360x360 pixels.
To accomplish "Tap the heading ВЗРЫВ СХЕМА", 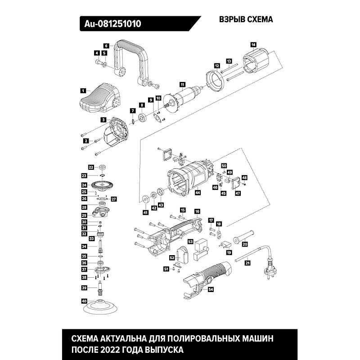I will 246,20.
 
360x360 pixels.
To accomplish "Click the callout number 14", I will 253,44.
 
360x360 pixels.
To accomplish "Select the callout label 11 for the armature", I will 182,84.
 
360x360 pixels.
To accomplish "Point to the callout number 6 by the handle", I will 107,45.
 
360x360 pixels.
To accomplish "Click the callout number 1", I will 83,90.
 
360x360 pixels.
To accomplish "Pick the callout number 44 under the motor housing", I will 198,193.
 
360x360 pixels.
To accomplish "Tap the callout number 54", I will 211,290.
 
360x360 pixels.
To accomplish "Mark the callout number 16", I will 197,211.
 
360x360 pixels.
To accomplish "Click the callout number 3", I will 103,120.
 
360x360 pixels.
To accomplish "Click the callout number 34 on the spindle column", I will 84,247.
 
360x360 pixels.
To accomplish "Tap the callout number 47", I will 238,193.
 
